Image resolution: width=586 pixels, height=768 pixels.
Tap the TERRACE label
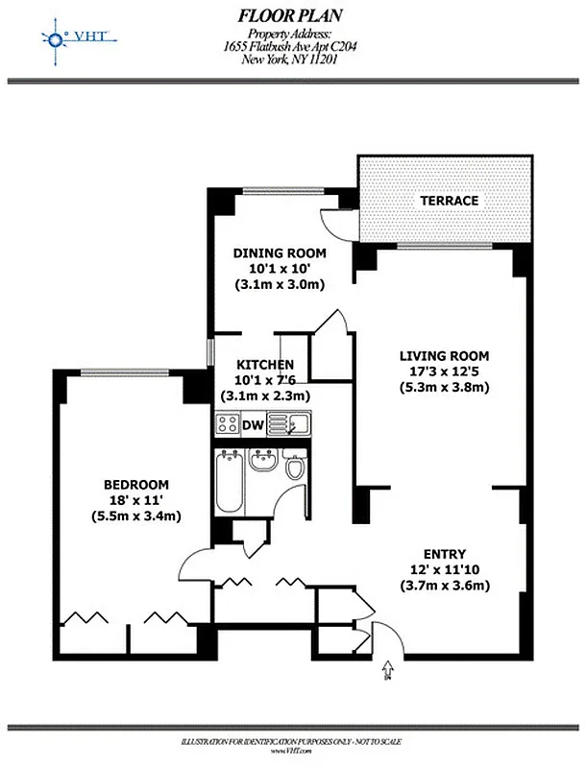[448, 201]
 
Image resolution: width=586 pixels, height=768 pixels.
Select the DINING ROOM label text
[280, 253]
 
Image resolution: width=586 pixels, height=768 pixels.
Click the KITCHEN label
[265, 365]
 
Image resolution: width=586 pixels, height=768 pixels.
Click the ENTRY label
[444, 554]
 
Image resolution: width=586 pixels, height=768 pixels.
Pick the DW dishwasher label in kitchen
[254, 423]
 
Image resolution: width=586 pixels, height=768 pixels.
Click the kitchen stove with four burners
[227, 423]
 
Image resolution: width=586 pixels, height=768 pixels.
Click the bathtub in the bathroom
[229, 481]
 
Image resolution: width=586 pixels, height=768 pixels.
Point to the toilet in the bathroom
[296, 468]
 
